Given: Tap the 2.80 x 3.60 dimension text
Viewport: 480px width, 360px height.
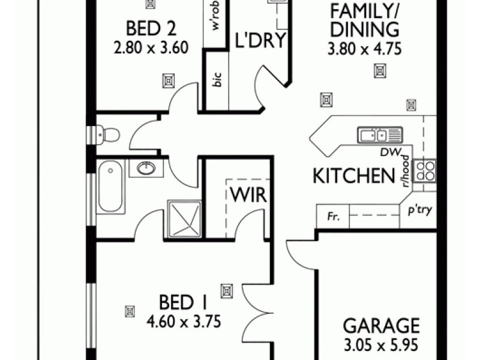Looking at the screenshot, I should point(146,47).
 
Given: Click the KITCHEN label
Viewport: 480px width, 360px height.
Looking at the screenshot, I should point(353,176).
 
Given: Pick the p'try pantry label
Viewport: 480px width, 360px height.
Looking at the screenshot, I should point(420,211).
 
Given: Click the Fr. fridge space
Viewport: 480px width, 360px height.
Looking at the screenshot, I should point(332,217).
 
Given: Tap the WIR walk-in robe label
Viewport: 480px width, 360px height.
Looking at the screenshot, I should point(246,196).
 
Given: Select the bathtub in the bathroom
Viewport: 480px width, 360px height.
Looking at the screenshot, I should point(110,185).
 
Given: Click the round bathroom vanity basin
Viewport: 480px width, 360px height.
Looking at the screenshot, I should point(145,169).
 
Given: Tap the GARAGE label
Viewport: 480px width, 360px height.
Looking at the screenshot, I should point(381,326).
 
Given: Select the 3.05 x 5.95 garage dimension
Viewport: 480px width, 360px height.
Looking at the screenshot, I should point(381,346).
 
